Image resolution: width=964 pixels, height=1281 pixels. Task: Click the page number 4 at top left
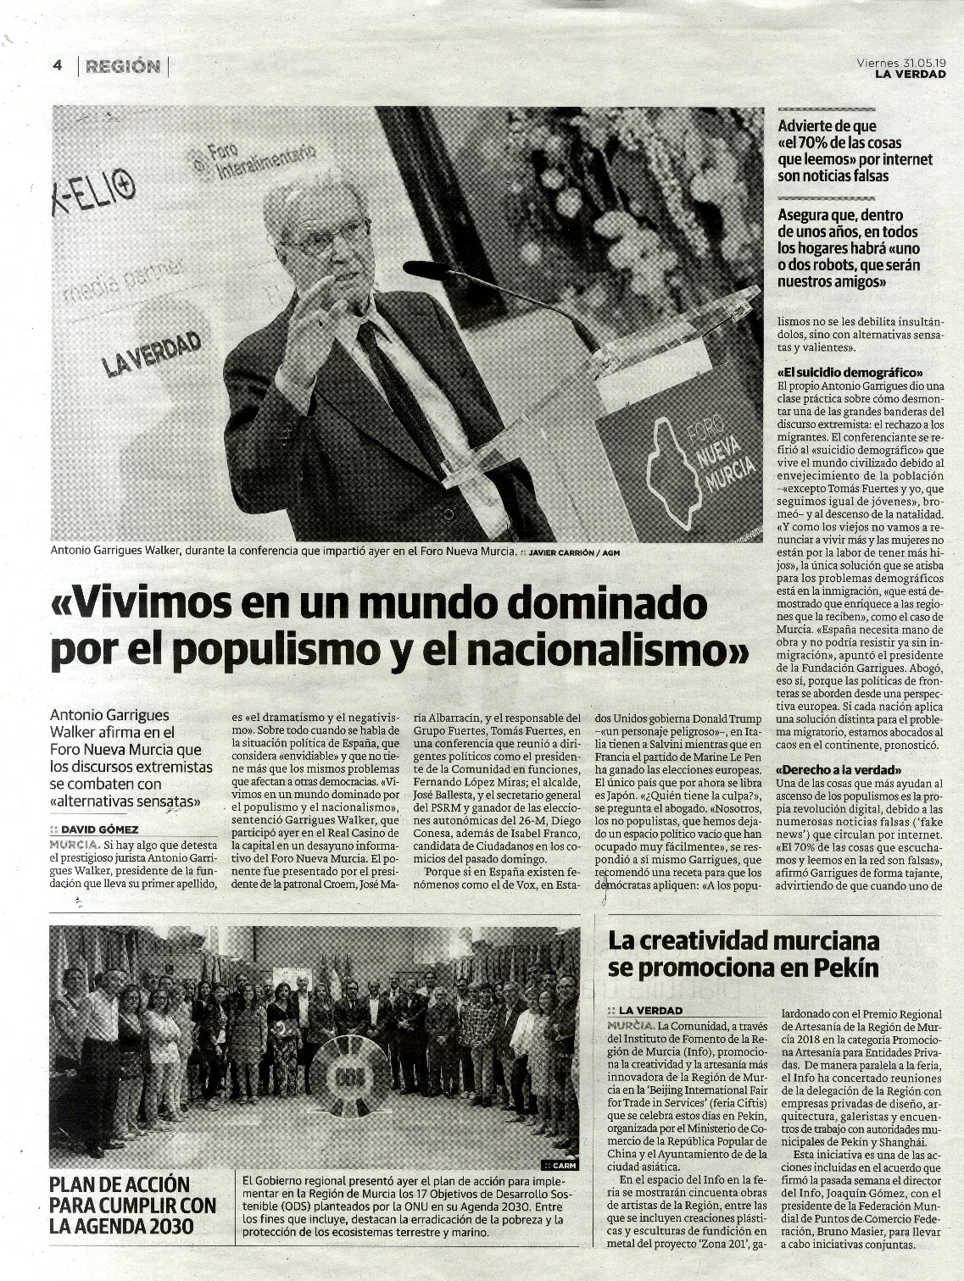pyautogui.click(x=57, y=67)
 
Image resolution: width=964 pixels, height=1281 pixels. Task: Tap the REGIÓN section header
pyautogui.click(x=122, y=67)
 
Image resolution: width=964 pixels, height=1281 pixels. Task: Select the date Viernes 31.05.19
pyautogui.click(x=900, y=62)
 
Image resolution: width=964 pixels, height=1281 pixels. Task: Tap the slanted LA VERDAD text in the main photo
pyautogui.click(x=152, y=354)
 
